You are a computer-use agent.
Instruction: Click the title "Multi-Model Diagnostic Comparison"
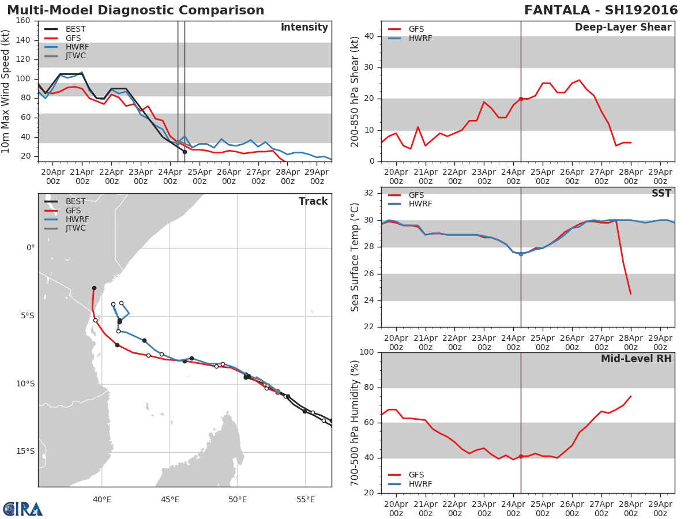pyautogui.click(x=136, y=10)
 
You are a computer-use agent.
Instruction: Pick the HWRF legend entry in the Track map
pyautogui.click(x=77, y=219)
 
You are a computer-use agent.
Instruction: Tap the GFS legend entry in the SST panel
pyautogui.click(x=416, y=195)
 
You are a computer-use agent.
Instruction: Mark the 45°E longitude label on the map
pyautogui.click(x=170, y=499)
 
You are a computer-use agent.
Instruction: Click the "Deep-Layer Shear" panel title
pyautogui.click(x=623, y=28)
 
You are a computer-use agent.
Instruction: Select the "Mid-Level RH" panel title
pyautogui.click(x=635, y=359)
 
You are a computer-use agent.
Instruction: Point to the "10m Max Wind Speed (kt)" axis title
pyautogui.click(x=7, y=91)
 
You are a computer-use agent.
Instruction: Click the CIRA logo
pyautogui.click(x=23, y=509)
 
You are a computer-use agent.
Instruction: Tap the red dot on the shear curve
pyautogui.click(x=521, y=99)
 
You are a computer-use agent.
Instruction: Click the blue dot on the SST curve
pyautogui.click(x=521, y=254)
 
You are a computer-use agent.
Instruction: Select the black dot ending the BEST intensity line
pyautogui.click(x=185, y=152)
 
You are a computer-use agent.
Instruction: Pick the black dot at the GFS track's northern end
pyautogui.click(x=94, y=288)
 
